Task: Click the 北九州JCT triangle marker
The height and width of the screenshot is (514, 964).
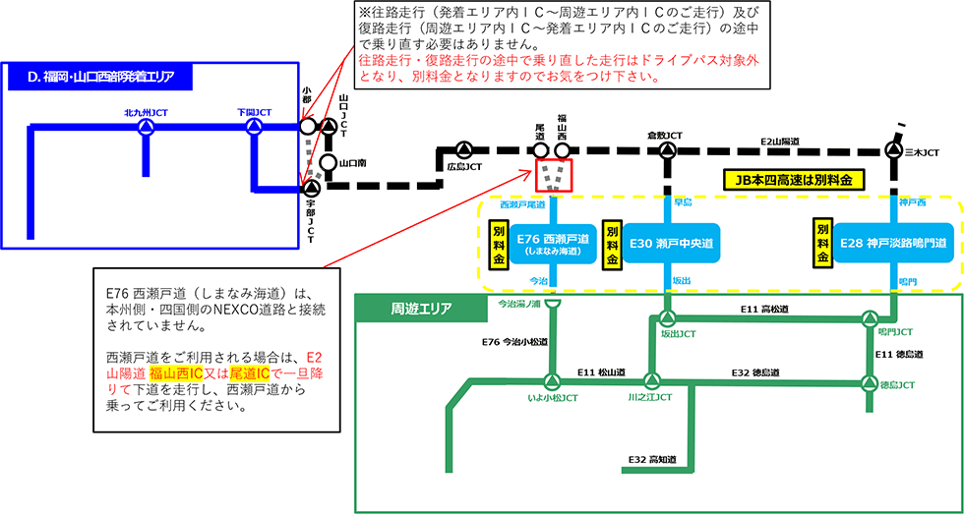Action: click(x=146, y=127)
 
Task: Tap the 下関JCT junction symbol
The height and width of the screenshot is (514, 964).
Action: click(x=254, y=127)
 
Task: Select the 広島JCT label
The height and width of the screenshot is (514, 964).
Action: click(x=464, y=167)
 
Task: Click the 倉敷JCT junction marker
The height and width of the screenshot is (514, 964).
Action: click(x=667, y=151)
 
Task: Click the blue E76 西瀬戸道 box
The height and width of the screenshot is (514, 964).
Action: click(x=556, y=244)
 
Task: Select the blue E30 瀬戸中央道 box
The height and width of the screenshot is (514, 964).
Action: click(x=669, y=244)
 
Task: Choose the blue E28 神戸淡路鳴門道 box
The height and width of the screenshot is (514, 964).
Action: click(x=894, y=244)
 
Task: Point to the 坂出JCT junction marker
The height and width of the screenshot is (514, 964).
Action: click(x=668, y=318)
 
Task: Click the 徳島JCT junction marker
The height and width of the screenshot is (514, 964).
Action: click(x=870, y=382)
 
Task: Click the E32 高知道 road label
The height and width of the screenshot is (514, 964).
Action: click(x=652, y=459)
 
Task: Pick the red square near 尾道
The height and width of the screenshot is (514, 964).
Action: click(x=553, y=176)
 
